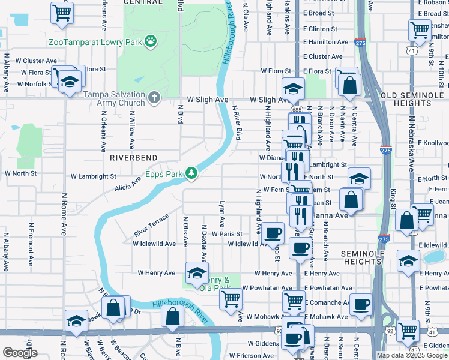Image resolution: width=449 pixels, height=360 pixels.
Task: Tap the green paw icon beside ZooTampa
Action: pyautogui.click(x=151, y=42)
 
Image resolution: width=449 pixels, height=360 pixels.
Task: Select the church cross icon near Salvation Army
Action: pyautogui.click(x=154, y=97)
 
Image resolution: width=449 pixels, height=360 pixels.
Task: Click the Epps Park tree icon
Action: pyautogui.click(x=191, y=173)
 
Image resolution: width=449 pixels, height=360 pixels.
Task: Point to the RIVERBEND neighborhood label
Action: pyautogui.click(x=133, y=157)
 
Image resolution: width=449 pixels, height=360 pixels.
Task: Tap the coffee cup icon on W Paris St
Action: pyautogui.click(x=273, y=232)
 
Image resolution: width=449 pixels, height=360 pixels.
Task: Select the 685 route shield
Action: pyautogui.click(x=297, y=110)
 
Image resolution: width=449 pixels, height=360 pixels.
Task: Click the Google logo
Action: pyautogui.click(x=20, y=353)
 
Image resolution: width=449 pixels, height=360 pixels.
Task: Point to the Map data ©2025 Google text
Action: pyautogui.click(x=412, y=355)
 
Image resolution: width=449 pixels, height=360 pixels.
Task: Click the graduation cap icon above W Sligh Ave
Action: pyautogui.click(x=292, y=89)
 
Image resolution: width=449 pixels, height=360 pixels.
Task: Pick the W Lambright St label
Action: pyautogui.click(x=93, y=177)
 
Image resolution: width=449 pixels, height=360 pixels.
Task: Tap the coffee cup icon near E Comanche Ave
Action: pyautogui.click(x=360, y=304)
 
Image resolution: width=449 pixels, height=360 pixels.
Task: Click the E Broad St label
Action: pyautogui.click(x=318, y=13)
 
